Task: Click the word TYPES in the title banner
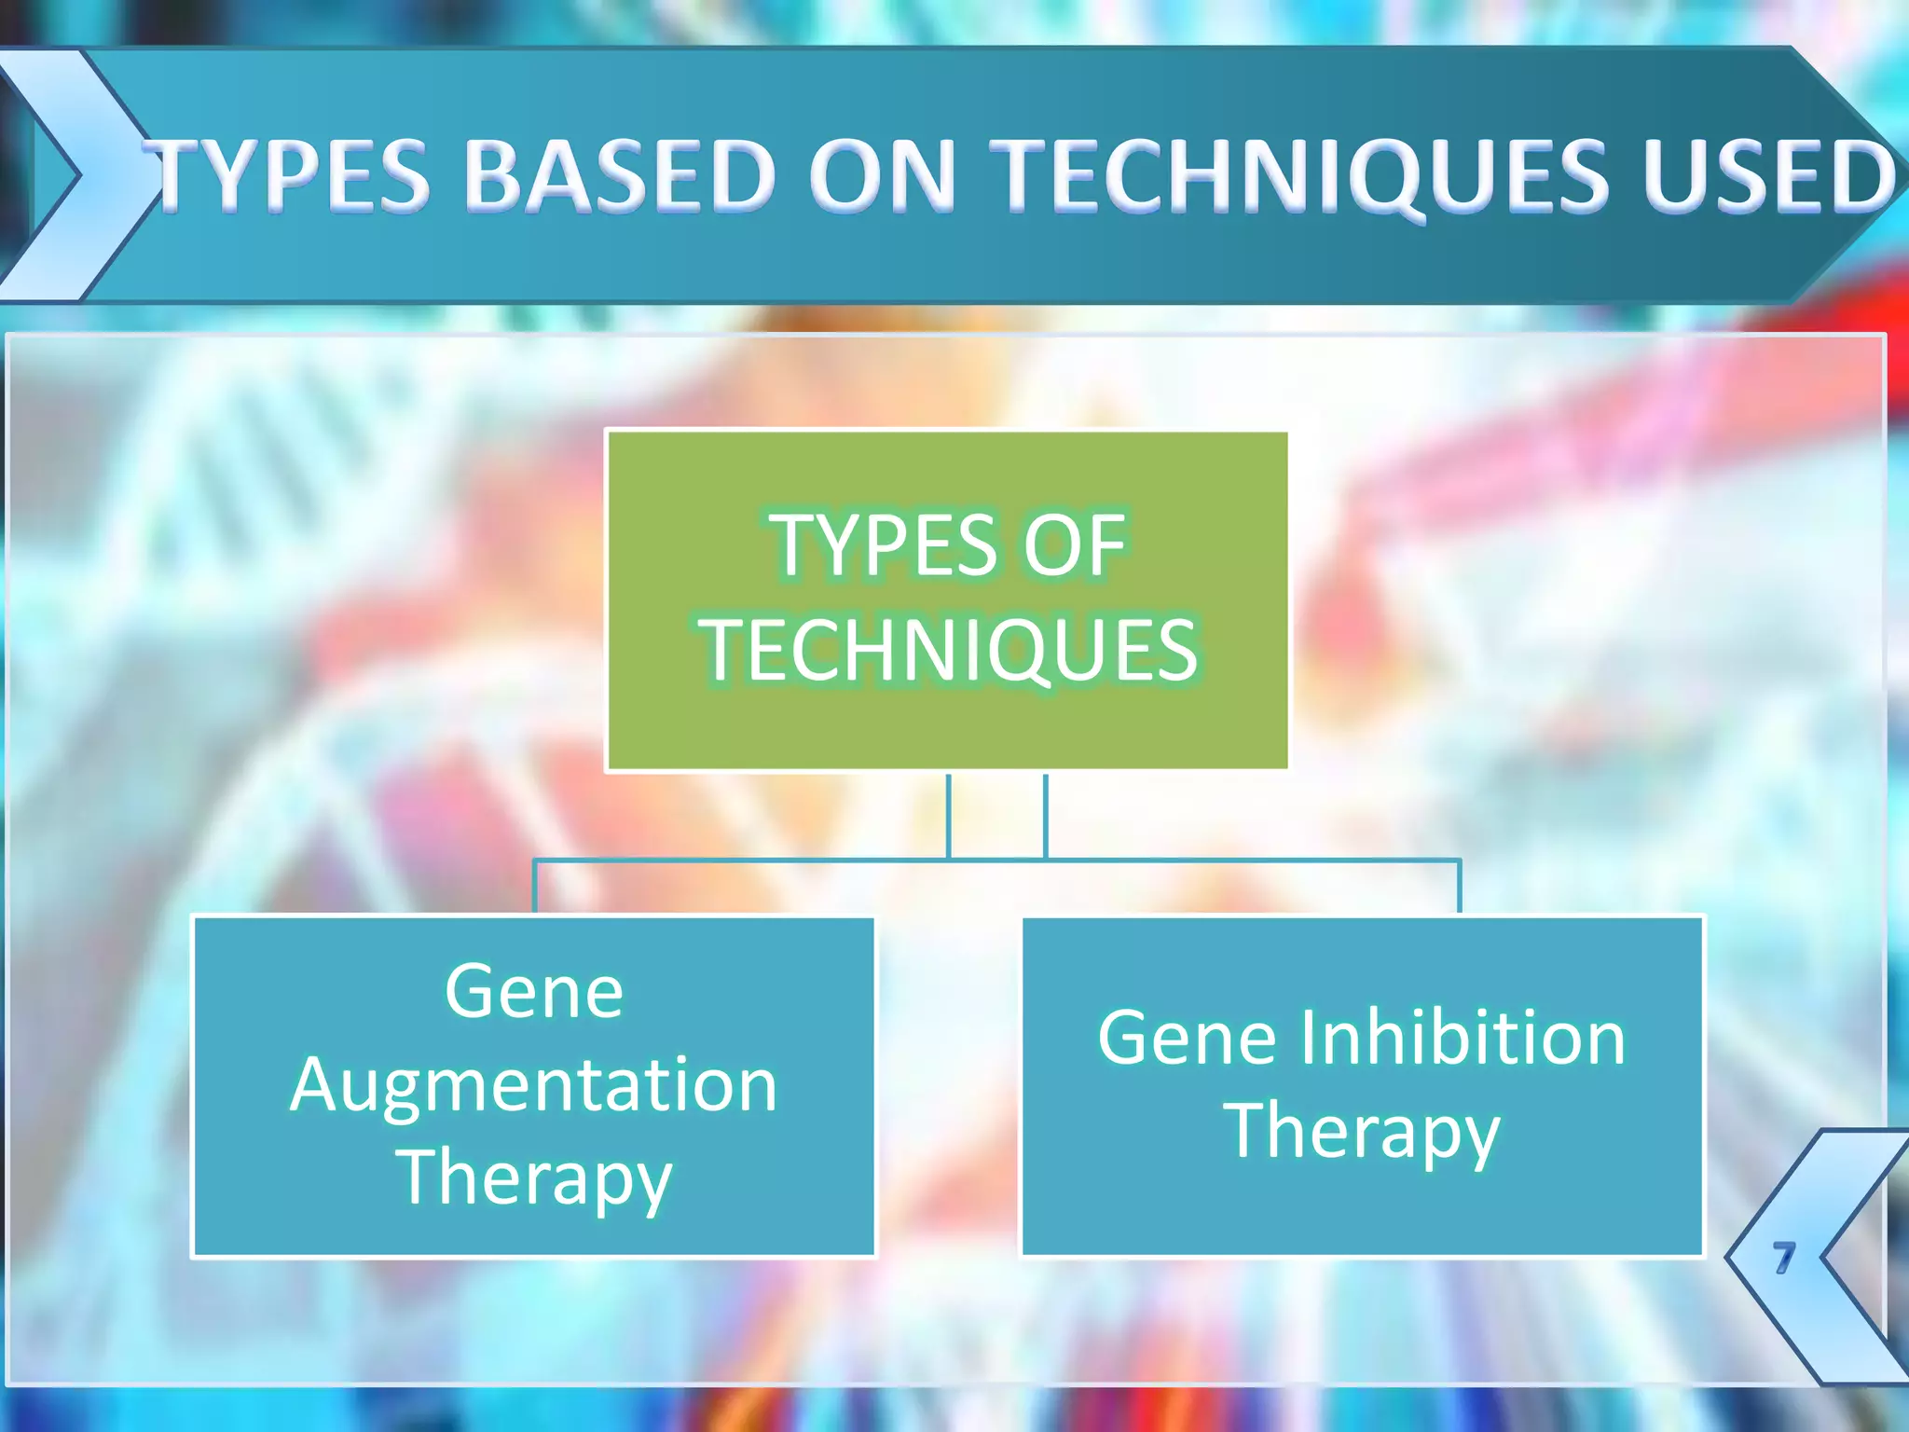[291, 174]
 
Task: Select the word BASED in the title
[619, 174]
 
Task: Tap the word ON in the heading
[882, 174]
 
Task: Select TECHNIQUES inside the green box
[949, 651]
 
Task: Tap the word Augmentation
[533, 1085]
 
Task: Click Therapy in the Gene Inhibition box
[1363, 1132]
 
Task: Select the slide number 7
[1782, 1257]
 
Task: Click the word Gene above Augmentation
[533, 991]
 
